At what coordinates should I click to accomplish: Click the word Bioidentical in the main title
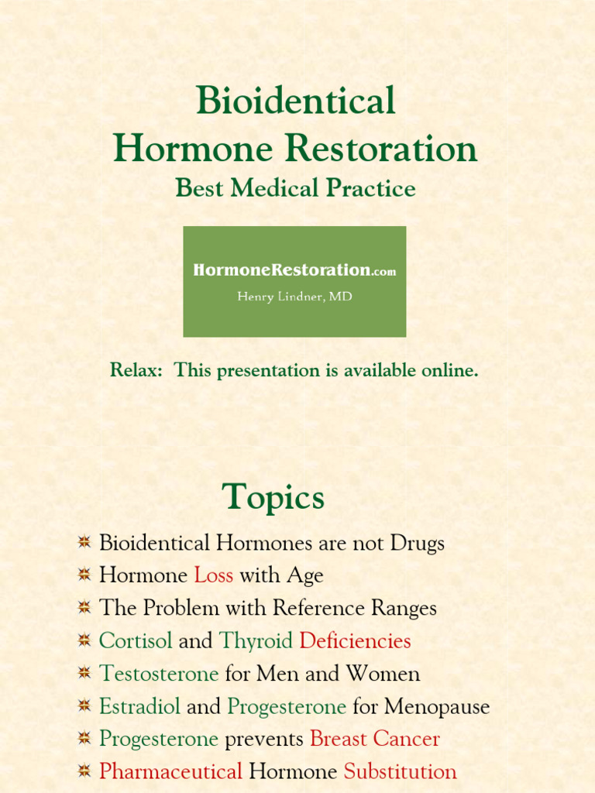tap(295, 101)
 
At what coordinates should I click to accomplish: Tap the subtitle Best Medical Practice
tap(295, 188)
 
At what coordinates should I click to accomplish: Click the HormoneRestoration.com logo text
tap(294, 270)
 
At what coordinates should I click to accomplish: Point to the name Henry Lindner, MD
tap(294, 297)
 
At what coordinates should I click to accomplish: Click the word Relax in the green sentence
tap(135, 370)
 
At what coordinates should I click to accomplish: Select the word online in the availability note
tap(449, 370)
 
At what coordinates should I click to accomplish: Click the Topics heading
tap(273, 496)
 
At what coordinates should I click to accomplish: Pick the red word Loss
tap(213, 575)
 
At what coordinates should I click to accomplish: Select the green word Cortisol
tap(136, 641)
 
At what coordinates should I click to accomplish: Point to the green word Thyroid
tap(256, 641)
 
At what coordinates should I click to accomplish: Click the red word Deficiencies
tap(355, 641)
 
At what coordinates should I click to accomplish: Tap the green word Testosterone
tap(159, 674)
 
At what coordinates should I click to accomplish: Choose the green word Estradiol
tap(139, 706)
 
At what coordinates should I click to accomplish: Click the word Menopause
tap(437, 706)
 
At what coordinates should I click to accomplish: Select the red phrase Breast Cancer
tap(374, 739)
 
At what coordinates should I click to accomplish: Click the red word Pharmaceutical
tap(170, 771)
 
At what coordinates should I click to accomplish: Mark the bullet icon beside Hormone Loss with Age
tap(84, 575)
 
